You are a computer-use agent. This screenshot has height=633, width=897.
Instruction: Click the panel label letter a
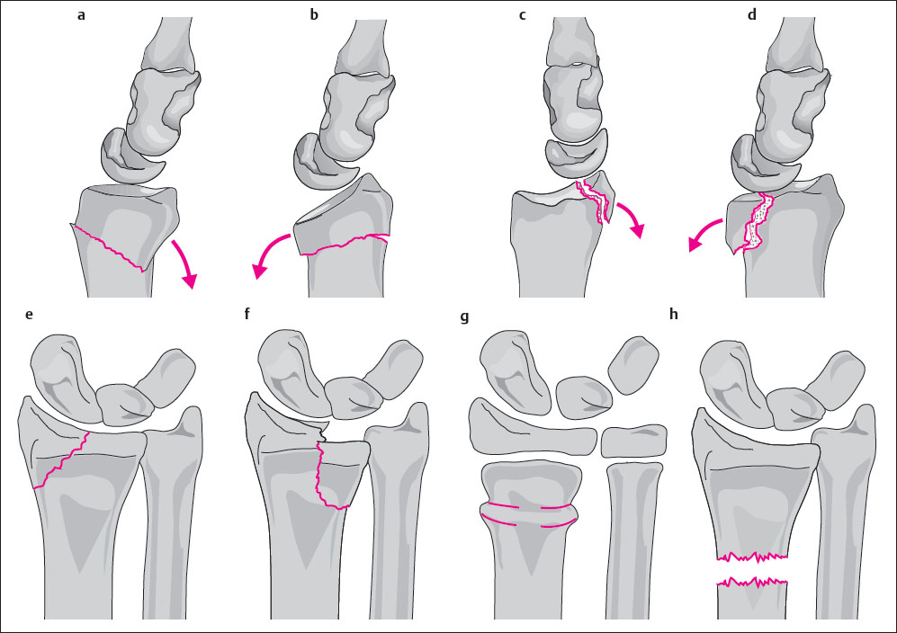pyautogui.click(x=82, y=15)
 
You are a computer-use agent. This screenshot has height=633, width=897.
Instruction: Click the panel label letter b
pyautogui.click(x=314, y=15)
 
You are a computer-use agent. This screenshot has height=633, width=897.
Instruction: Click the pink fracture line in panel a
pyautogui.click(x=108, y=247)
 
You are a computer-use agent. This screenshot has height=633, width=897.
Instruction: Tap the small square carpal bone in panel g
pyautogui.click(x=634, y=441)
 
